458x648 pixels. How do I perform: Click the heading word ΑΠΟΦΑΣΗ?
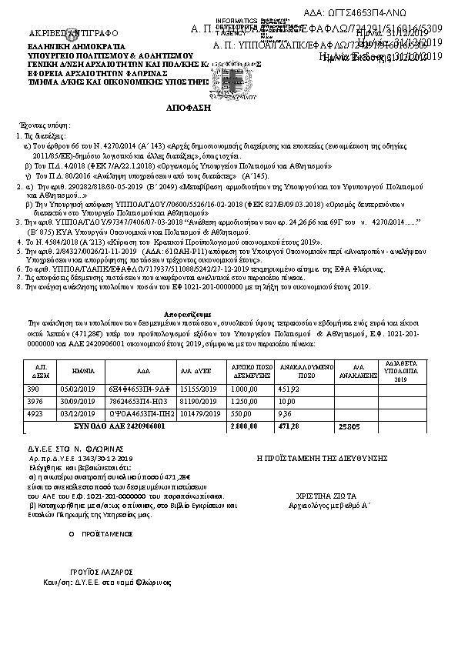click(189, 109)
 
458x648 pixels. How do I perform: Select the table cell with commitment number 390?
click(42, 389)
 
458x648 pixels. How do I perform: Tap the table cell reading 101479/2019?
click(196, 413)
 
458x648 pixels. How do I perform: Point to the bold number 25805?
click(349, 425)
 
